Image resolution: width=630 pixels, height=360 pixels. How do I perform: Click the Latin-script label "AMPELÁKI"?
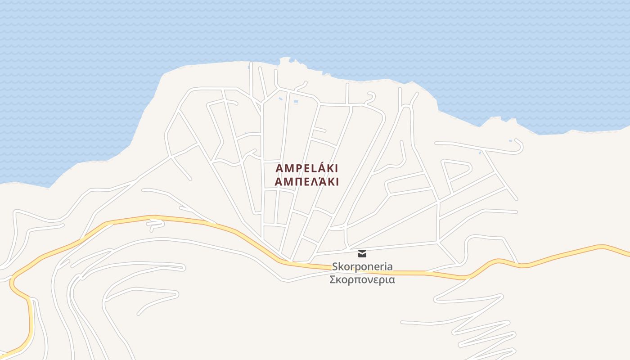(x=306, y=169)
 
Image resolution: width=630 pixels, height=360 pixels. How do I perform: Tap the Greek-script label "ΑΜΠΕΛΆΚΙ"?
(x=306, y=182)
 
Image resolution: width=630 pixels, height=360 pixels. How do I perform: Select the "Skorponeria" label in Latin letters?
(x=362, y=266)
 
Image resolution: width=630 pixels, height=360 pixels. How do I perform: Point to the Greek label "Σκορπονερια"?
(x=362, y=279)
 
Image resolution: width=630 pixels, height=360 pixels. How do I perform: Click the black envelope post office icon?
(x=362, y=254)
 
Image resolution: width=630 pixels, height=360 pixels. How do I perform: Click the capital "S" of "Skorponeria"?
(x=335, y=266)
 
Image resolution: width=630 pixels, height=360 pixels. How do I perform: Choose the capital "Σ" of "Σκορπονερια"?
(x=333, y=279)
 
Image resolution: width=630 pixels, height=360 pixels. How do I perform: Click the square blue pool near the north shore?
(x=296, y=102)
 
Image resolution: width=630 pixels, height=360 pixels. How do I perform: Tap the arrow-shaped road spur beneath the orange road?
(x=156, y=224)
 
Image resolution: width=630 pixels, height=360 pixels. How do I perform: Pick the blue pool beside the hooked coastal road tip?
(x=510, y=141)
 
